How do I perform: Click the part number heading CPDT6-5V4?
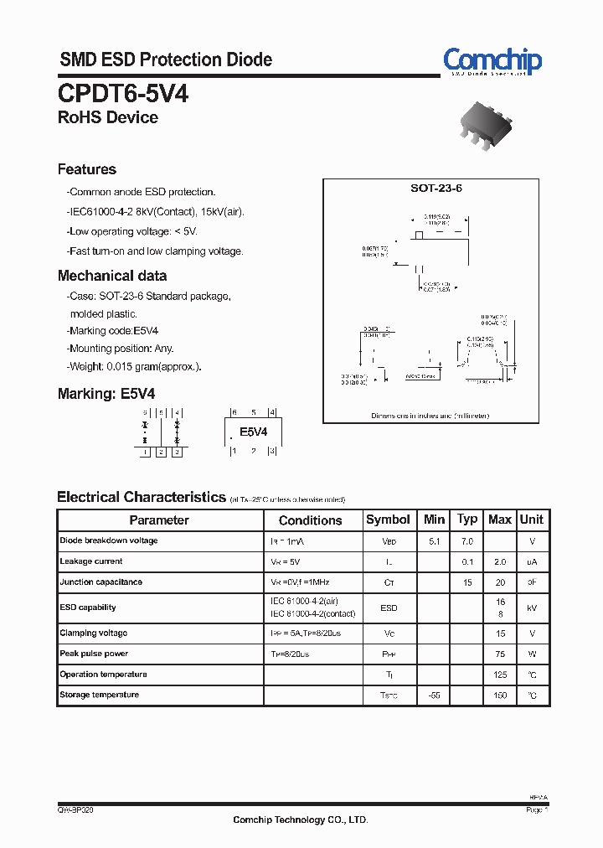[x=123, y=94]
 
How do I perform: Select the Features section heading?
[x=87, y=169]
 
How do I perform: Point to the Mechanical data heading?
[x=112, y=276]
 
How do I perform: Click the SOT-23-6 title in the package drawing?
[x=435, y=189]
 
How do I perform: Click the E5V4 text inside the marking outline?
[x=253, y=432]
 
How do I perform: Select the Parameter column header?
[x=159, y=520]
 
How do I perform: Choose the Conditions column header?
[x=310, y=520]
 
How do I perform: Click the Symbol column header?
[x=388, y=520]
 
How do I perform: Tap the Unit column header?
[x=532, y=520]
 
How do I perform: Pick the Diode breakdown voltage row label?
[x=109, y=540]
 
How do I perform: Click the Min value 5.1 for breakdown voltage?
[x=434, y=541]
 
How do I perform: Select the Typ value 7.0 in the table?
[x=466, y=541]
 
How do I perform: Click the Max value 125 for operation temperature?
[x=500, y=675]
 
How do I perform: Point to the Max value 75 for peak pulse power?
[x=500, y=654]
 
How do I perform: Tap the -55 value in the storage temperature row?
[x=434, y=695]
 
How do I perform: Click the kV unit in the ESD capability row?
[x=532, y=608]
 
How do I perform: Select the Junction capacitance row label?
[x=101, y=582]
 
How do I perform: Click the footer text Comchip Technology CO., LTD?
[x=300, y=820]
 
